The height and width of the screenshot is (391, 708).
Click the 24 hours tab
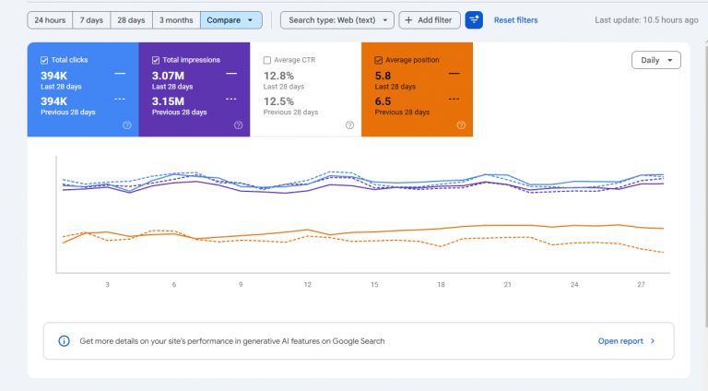(50, 20)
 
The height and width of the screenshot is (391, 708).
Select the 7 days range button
(91, 20)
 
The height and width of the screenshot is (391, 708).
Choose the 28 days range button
(131, 20)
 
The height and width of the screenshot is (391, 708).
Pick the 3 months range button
(176, 20)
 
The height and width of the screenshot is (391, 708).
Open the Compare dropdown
(230, 20)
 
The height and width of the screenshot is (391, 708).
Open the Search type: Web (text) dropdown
(336, 20)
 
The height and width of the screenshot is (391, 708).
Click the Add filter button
(429, 20)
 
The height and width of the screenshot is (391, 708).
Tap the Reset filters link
(515, 20)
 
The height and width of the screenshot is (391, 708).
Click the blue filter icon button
(474, 20)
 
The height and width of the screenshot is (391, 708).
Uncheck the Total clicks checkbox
(44, 60)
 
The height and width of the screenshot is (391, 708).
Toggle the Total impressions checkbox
(156, 60)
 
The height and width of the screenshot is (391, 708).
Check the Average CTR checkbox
(267, 60)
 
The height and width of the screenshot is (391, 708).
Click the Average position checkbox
(378, 60)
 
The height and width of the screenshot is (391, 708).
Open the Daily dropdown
(656, 60)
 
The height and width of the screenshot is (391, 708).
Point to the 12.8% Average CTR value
(278, 76)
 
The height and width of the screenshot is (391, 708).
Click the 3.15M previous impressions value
(168, 101)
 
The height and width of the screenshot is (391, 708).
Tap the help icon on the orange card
(461, 125)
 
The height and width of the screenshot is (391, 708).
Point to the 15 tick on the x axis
(374, 284)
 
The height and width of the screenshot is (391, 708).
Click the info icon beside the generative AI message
(65, 341)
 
